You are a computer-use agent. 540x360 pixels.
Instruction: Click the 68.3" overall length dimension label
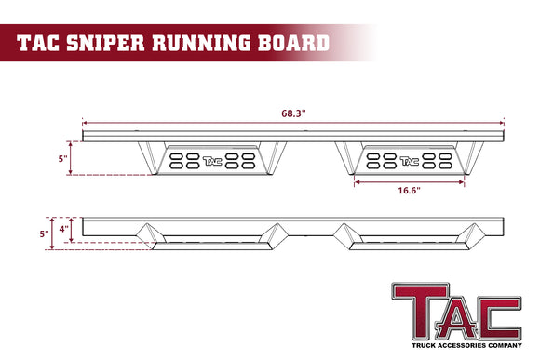pyautogui.click(x=292, y=112)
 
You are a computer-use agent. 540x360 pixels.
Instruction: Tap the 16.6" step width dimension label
pyautogui.click(x=408, y=191)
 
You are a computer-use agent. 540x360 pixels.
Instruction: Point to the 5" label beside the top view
pyautogui.click(x=62, y=159)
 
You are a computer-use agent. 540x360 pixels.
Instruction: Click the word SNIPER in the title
pyautogui.click(x=117, y=42)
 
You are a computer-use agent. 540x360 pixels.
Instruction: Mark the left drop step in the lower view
pyautogui.click(x=208, y=239)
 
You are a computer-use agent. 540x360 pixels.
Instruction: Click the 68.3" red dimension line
pyautogui.click(x=186, y=121)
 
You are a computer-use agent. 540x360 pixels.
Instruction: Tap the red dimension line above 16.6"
pyautogui.click(x=410, y=182)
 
